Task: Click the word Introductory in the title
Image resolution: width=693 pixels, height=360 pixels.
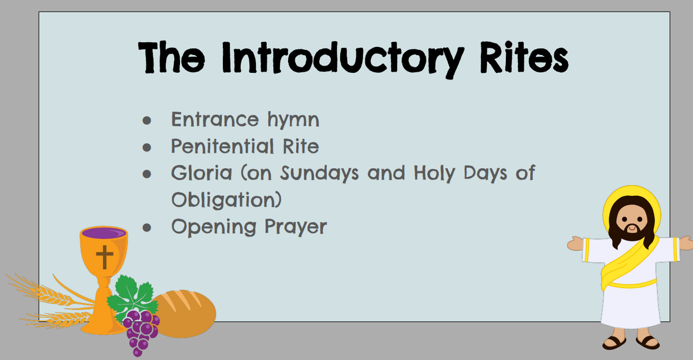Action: [343, 59]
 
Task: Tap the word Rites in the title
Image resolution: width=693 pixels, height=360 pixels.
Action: [524, 58]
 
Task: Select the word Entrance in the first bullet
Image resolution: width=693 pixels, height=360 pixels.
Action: [215, 119]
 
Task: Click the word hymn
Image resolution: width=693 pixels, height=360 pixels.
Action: [293, 121]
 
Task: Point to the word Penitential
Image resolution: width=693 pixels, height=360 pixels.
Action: [222, 147]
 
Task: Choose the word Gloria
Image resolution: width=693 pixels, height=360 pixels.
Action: [202, 173]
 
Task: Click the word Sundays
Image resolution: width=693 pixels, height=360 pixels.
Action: [319, 174]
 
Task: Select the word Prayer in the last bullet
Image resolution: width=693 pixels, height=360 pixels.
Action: [296, 228]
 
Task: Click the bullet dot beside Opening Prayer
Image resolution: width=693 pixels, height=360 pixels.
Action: [147, 228]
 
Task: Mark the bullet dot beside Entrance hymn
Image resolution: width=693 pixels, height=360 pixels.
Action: [147, 120]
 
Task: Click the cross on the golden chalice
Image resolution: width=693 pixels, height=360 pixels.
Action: [105, 257]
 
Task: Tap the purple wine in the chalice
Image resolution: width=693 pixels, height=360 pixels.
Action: [104, 233]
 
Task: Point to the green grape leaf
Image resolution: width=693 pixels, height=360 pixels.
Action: [133, 296]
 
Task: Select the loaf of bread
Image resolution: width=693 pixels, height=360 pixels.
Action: [185, 313]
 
